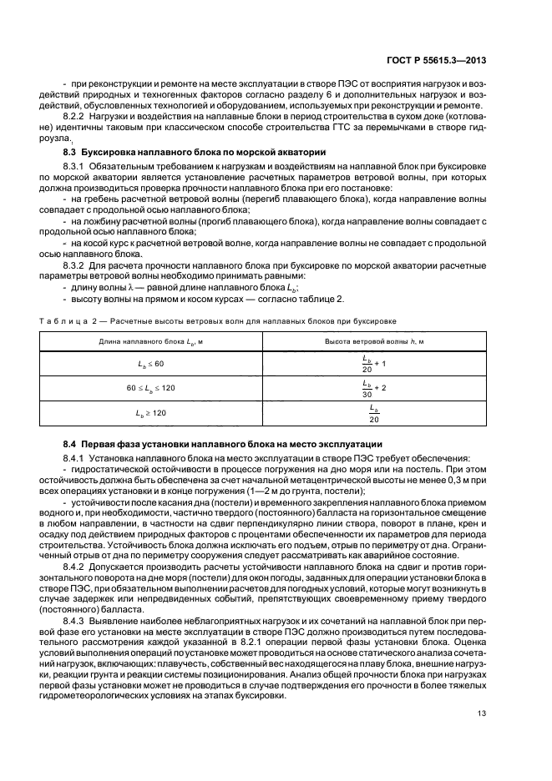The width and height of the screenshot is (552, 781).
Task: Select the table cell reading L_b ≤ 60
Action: pos(151,364)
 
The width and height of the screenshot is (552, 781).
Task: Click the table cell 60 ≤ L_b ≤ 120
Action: pos(151,389)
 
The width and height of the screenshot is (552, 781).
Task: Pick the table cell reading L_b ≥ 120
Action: pos(151,412)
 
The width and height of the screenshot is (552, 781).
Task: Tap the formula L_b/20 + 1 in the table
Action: pos(373,364)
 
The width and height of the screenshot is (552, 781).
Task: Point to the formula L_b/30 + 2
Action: pos(373,389)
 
